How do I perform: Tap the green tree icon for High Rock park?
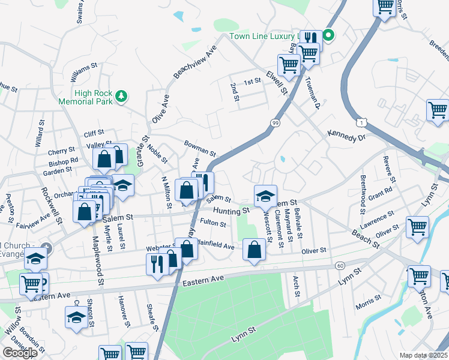pos(122,96)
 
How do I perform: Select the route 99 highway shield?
pos(276,122)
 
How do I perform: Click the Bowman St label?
pos(200,148)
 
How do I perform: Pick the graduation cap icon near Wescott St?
pos(265,196)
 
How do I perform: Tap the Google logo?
pos(20,353)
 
